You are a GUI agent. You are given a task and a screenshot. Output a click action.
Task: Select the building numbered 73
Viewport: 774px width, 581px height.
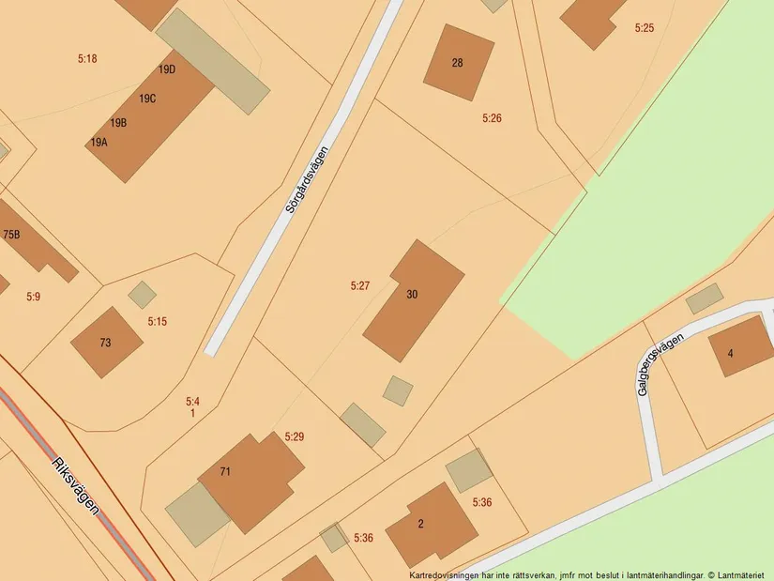click(106, 343)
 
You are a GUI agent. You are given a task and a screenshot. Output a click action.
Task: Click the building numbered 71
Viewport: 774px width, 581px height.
click(250, 479)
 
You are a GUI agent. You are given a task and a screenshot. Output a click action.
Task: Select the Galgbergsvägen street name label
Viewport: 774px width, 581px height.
click(656, 364)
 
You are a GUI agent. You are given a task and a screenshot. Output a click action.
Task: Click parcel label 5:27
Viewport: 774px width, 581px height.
click(360, 285)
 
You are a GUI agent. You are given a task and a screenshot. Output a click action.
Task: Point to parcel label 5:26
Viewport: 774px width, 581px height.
click(492, 118)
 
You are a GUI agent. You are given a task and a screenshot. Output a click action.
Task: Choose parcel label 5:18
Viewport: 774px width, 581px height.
click(87, 59)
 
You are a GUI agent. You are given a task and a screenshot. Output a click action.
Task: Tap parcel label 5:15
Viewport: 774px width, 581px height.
click(157, 322)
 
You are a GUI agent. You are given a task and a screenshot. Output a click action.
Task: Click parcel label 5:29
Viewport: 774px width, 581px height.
click(295, 437)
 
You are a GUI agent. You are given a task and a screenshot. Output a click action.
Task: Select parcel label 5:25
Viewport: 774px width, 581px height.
click(644, 28)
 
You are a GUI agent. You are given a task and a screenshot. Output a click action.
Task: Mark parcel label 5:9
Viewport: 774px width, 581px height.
click(34, 297)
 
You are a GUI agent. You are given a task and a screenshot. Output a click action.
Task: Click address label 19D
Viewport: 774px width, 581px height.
click(167, 69)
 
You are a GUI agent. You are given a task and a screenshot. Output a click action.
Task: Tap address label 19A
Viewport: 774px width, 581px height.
click(99, 143)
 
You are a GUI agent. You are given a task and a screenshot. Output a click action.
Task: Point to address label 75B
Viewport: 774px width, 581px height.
click(11, 235)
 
